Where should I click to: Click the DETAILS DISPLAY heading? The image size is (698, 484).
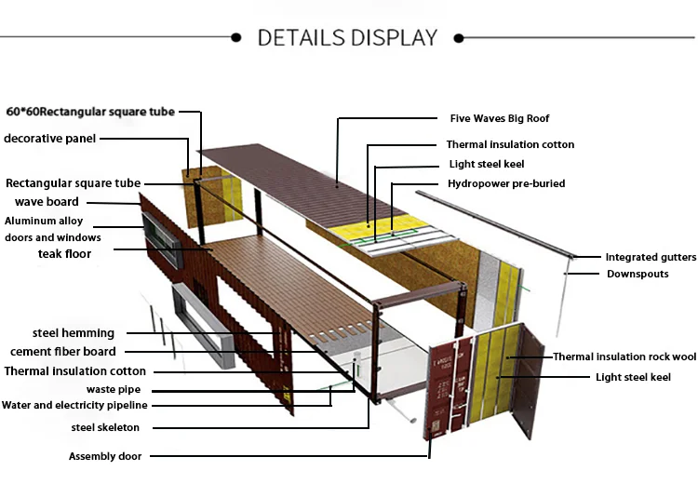coord(347,38)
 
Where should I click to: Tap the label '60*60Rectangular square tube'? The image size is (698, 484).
coord(90,113)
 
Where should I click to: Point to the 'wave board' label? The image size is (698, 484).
coord(47,202)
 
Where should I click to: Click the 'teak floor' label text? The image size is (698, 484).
coord(65,253)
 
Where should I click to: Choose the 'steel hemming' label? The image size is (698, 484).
coord(74,332)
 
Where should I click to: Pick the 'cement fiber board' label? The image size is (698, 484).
coord(63,352)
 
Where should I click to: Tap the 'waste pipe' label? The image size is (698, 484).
coord(109,388)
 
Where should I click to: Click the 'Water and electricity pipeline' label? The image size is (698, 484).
coord(74,405)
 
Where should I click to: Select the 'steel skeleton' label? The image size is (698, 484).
coord(105,427)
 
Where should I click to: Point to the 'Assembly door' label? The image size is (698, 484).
coord(104,456)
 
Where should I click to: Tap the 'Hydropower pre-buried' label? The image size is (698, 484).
coord(506,183)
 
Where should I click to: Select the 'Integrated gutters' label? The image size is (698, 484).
coord(651,257)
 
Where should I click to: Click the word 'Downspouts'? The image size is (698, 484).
coord(638,274)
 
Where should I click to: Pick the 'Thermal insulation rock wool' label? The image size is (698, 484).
coord(624,356)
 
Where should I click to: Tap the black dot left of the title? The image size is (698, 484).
coord(236,38)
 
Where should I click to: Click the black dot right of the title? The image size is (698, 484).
coord(458,38)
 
